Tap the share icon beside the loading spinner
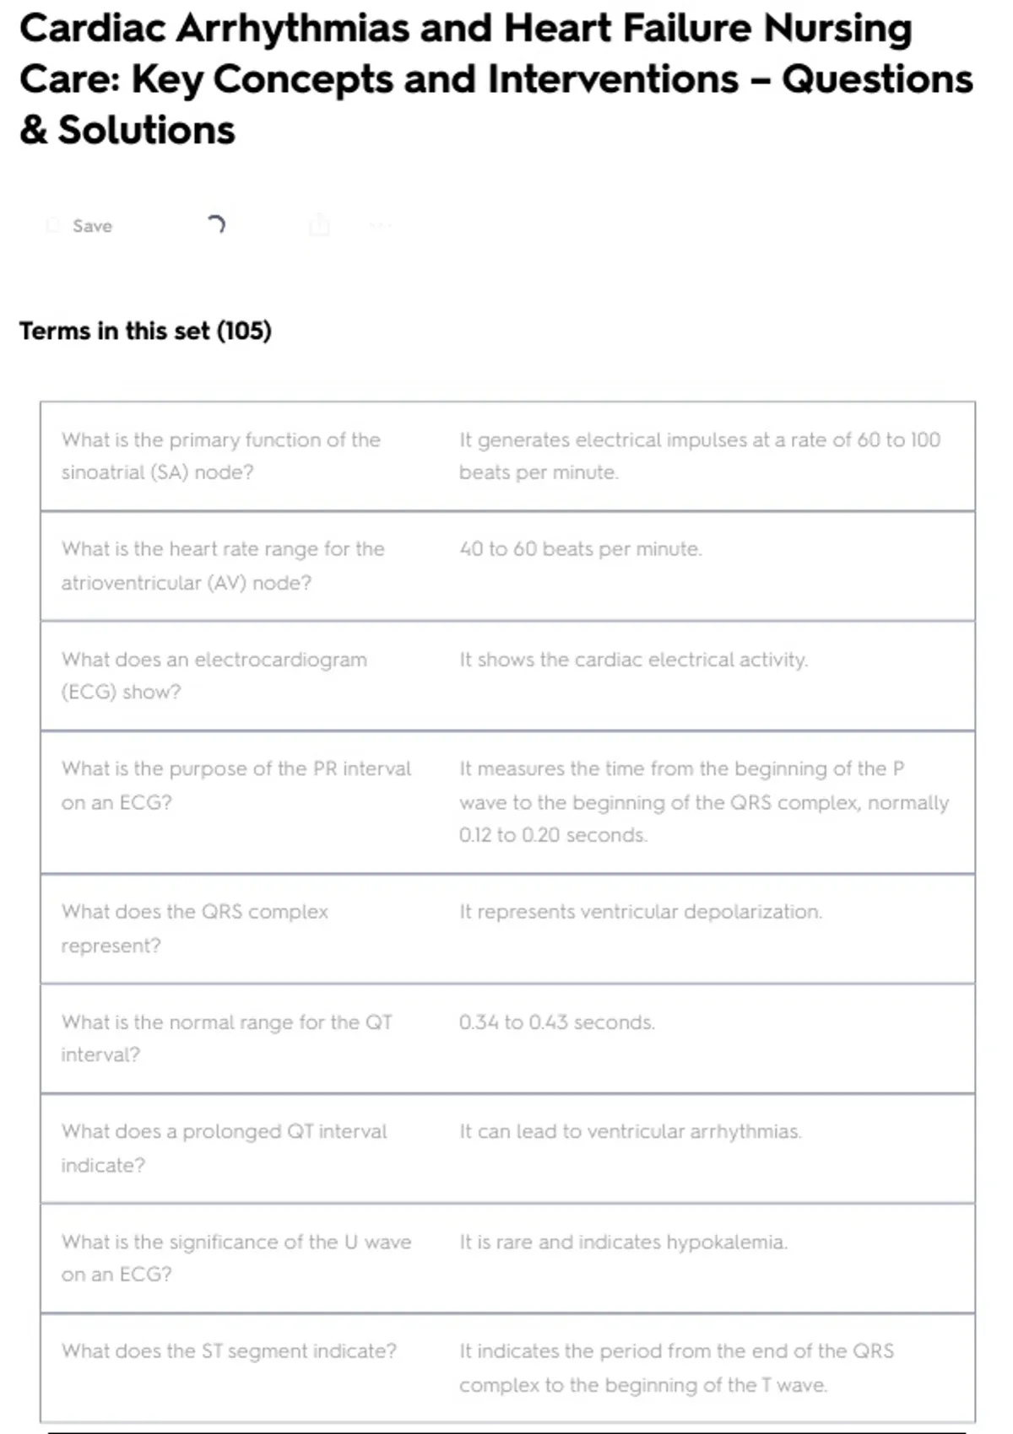[x=319, y=225]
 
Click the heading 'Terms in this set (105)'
[x=145, y=331]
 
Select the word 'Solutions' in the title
[x=146, y=131]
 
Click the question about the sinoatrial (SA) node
[x=220, y=456]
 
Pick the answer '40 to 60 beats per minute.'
[x=580, y=549]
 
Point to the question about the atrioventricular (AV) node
[x=222, y=565]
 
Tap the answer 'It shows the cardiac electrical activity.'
[x=633, y=660]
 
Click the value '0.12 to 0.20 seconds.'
[x=553, y=835]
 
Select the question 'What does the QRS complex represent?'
[x=194, y=928]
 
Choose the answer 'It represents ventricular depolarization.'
[x=640, y=912]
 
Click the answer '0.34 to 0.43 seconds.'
[x=556, y=1022]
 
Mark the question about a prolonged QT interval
[x=224, y=1147]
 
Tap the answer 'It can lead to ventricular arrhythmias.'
[x=630, y=1132]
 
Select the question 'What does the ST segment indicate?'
[x=228, y=1351]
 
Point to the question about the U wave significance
[x=236, y=1258]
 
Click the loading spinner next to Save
[x=216, y=224]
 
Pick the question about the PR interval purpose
[x=236, y=784]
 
